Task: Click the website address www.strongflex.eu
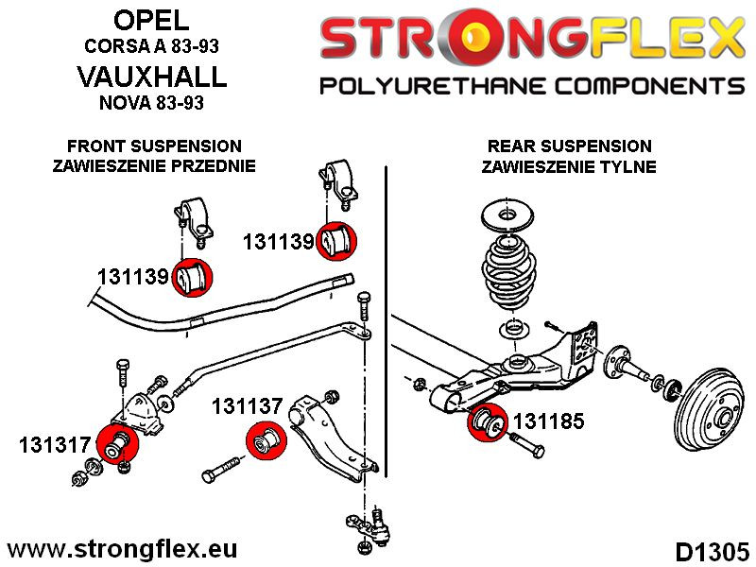pos(123,549)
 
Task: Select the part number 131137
pos(247,407)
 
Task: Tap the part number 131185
pos(548,421)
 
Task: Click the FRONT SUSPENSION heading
pos(155,146)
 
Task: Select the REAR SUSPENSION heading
pos(569,146)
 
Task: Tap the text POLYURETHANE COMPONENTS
pos(532,87)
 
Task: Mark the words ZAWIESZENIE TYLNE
pos(569,167)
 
